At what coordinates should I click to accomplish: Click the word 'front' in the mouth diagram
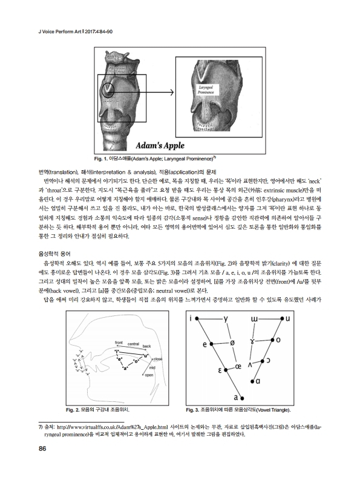click(120, 343)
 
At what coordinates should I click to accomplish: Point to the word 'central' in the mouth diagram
click(134, 343)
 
